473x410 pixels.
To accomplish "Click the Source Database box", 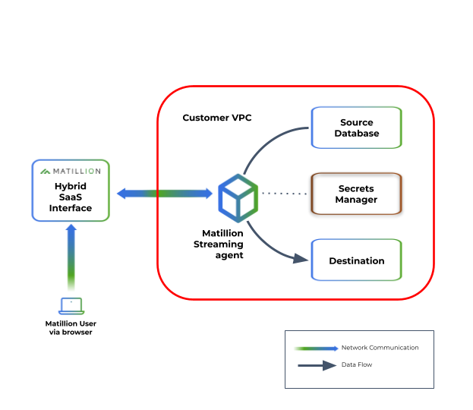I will pyautogui.click(x=356, y=128).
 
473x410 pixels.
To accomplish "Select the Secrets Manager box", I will pyautogui.click(x=357, y=194).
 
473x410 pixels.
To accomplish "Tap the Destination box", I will pyautogui.click(x=356, y=260).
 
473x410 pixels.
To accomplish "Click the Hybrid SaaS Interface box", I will pyautogui.click(x=71, y=191).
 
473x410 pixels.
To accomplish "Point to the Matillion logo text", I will pyautogui.click(x=76, y=170).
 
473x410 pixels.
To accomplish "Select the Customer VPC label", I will pyautogui.click(x=217, y=118).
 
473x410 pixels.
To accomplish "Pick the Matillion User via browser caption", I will pyautogui.click(x=71, y=328).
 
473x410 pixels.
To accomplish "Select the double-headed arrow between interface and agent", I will pyautogui.click(x=164, y=194).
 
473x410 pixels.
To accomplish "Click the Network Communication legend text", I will pyautogui.click(x=380, y=348).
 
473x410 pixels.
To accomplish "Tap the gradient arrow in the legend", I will pyautogui.click(x=316, y=348).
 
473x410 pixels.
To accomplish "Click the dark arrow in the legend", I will pyautogui.click(x=316, y=365).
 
